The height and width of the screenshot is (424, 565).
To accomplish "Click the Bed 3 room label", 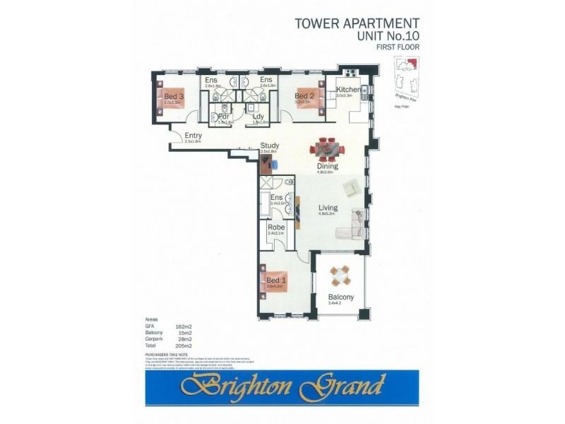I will click(174, 97).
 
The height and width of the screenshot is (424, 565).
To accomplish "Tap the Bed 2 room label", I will click(304, 97).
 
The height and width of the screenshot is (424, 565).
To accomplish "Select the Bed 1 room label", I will click(273, 281).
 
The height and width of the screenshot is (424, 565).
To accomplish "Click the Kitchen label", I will click(348, 90).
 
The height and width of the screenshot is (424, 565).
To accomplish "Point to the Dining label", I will click(328, 167).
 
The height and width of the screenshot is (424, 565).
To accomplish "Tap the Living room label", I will click(328, 208).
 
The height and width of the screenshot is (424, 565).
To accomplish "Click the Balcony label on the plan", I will click(341, 297).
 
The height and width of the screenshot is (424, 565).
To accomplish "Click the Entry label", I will click(193, 136).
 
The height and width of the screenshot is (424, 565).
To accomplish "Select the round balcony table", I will click(340, 274).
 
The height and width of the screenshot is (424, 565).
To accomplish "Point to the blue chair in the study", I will click(275, 163).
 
